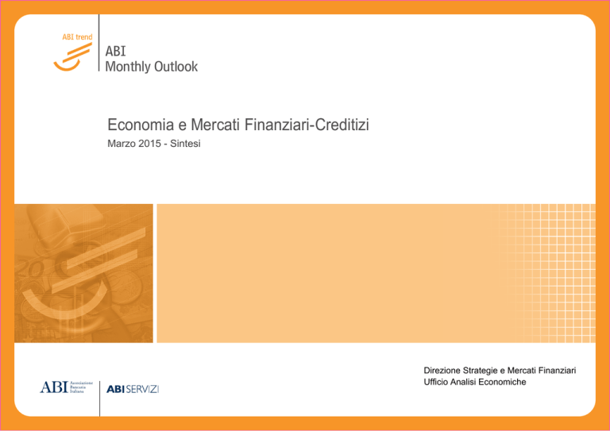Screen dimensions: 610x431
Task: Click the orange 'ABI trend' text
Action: coord(77,37)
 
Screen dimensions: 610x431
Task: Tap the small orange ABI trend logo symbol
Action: coord(73,56)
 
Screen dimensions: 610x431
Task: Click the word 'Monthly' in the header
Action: coord(128,67)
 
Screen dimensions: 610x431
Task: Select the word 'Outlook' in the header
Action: coord(176,67)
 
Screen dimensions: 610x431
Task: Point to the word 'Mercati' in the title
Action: coord(215,125)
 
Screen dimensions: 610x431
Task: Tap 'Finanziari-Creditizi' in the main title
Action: coord(307,125)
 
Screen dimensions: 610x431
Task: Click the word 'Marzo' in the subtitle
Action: coord(120,144)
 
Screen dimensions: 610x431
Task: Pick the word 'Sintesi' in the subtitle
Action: coord(185,144)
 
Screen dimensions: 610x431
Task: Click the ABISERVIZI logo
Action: coord(133,389)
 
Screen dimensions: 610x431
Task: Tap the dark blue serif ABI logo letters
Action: coord(54,387)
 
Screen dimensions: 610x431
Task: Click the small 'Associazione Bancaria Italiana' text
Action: coord(81,387)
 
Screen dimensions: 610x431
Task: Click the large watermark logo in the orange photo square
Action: coord(83,273)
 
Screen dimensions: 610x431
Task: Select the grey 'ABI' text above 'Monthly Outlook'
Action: coord(115,52)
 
